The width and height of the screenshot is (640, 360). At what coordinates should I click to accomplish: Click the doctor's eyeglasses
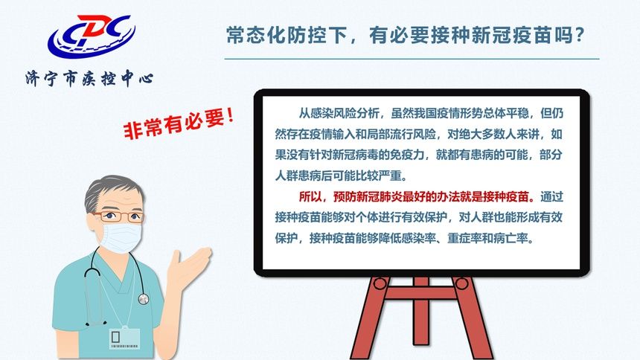click(118, 216)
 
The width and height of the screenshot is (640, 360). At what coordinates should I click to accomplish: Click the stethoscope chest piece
click(143, 298)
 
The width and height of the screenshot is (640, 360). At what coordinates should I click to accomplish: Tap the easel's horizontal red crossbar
click(421, 295)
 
